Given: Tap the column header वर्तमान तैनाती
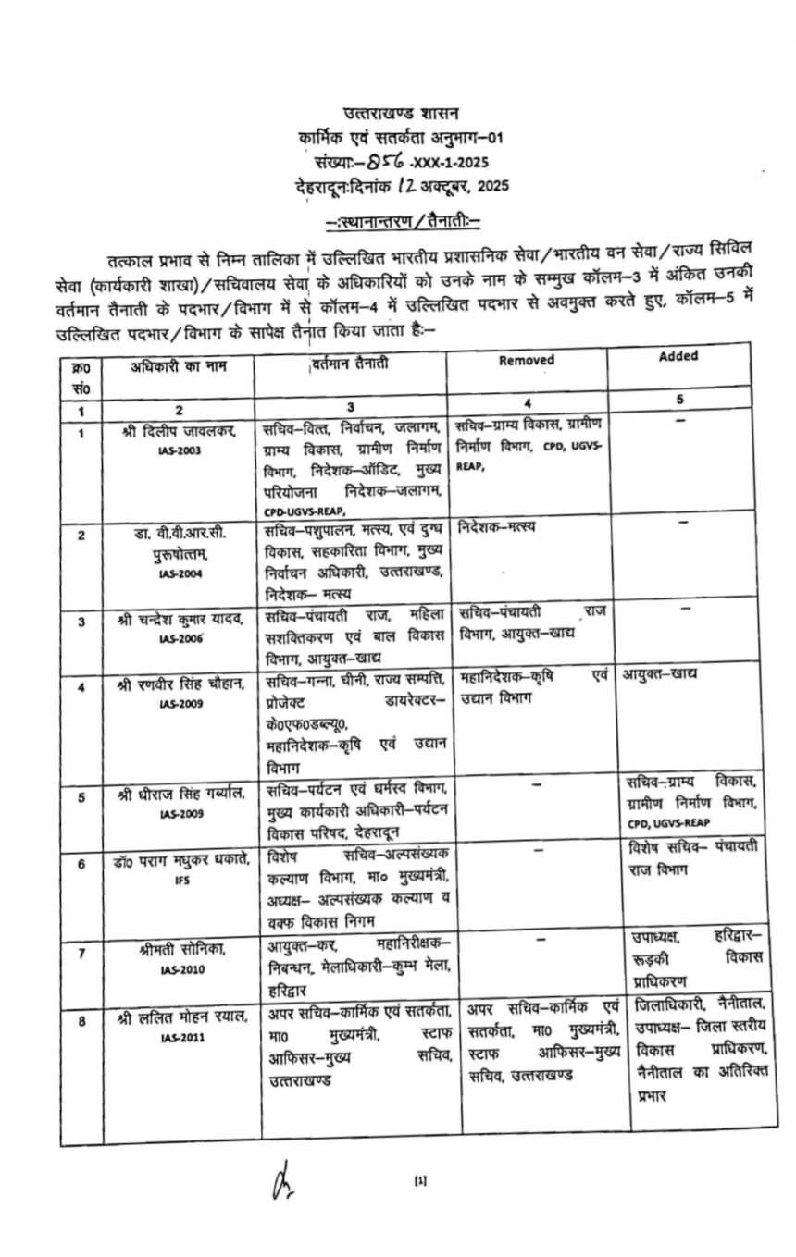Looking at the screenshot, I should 350,364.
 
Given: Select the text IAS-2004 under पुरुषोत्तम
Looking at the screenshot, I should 180,573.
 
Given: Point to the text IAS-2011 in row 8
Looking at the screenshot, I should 180,1037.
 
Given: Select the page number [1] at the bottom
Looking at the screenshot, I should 421,1179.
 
